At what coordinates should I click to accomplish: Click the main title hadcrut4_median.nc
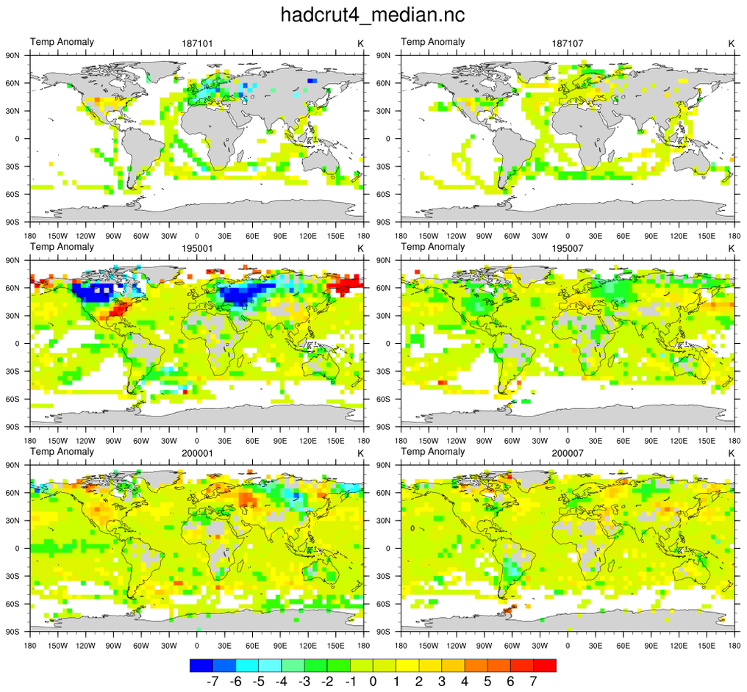[373, 15]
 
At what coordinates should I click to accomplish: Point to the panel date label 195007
[568, 249]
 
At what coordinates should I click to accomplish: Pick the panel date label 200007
[568, 454]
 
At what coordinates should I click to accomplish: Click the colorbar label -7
[212, 682]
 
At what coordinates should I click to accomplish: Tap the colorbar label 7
[533, 682]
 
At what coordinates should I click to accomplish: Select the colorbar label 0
[373, 682]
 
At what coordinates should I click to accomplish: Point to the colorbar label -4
[281, 682]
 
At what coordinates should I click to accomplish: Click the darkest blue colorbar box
[201, 666]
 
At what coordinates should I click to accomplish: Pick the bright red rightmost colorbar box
[545, 666]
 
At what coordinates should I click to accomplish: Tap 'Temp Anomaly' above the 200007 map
[433, 451]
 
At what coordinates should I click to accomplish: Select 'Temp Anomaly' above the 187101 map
[62, 42]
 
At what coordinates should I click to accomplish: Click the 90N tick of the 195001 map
[13, 259]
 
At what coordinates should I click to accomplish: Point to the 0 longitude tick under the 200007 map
[568, 646]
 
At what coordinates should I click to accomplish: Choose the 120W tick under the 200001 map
[85, 646]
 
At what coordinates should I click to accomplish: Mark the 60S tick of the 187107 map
[384, 194]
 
